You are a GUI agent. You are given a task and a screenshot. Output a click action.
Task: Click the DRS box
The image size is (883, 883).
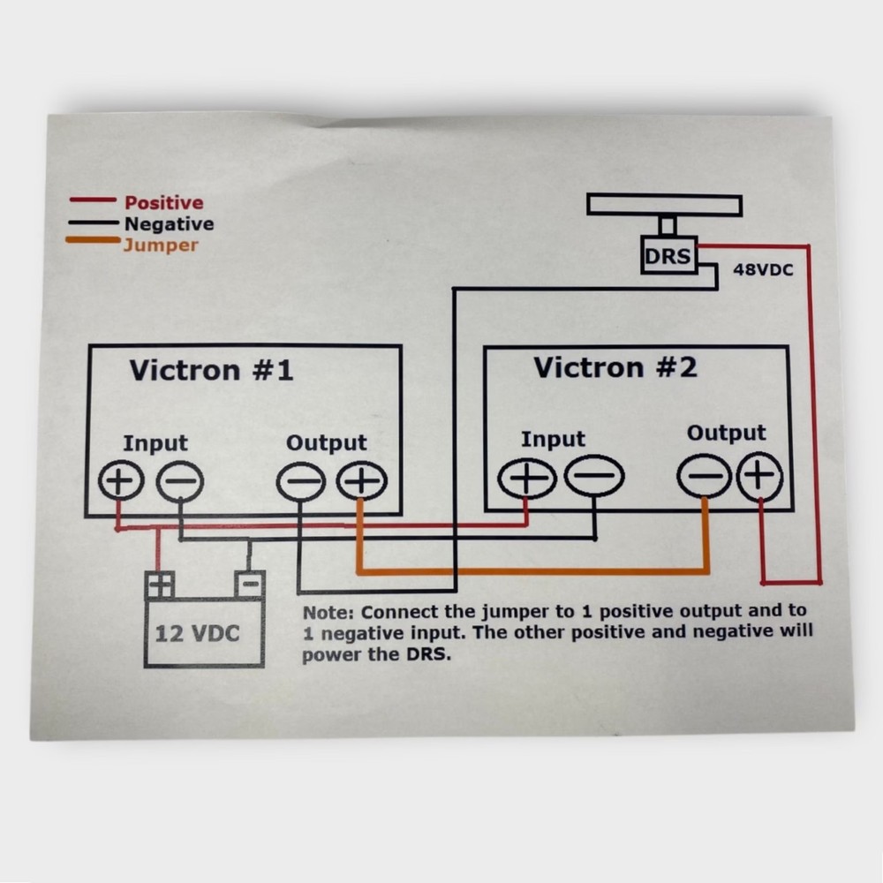point(668,256)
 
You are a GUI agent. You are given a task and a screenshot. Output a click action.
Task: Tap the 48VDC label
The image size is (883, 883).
point(763,269)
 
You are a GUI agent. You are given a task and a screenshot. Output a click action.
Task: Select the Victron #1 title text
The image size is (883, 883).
point(211,370)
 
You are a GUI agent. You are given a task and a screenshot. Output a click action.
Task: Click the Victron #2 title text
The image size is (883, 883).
point(615,367)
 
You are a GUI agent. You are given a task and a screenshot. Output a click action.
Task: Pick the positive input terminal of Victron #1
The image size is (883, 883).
point(121,480)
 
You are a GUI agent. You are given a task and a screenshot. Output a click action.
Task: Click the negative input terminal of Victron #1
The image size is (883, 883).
point(179,481)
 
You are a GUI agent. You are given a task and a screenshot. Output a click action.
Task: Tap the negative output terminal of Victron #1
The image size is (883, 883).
point(301,482)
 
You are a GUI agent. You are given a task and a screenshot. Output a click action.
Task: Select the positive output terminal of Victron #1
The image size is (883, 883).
point(361,481)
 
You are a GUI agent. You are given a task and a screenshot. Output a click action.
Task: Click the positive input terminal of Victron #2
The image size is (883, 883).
point(527,478)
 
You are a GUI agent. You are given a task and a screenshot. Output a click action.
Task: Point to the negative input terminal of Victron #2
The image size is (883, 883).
point(594,476)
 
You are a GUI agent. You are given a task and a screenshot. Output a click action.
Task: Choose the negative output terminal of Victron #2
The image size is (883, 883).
point(705,477)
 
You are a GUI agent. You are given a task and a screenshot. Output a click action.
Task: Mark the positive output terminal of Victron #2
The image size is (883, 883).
point(759,477)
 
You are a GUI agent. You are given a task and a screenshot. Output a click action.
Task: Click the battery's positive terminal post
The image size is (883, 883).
point(160,585)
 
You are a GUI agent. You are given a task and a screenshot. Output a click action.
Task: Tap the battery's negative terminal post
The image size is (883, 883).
point(250,585)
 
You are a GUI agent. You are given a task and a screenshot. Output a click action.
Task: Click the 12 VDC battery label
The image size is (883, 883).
point(197,634)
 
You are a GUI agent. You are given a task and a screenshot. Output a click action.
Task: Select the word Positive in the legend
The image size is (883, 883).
point(164,203)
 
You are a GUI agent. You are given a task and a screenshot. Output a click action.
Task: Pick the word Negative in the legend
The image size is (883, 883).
point(169,224)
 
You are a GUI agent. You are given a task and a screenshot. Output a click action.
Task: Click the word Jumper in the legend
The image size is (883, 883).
point(161,245)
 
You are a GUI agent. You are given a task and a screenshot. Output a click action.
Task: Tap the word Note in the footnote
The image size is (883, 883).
point(328,613)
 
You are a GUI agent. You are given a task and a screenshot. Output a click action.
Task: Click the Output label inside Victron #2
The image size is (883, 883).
point(726,433)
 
